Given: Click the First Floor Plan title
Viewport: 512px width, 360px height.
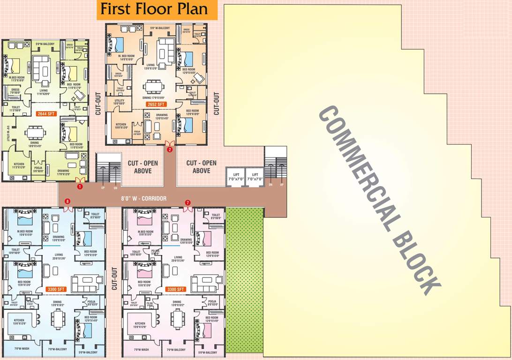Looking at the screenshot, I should coord(158,9).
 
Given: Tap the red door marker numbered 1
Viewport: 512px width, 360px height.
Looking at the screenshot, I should coord(80,187).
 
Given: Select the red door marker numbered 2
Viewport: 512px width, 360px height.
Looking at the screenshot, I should coord(170,150).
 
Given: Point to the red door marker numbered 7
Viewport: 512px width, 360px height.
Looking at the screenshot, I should coord(188,202).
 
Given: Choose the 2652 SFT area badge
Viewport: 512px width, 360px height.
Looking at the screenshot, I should coord(155,105).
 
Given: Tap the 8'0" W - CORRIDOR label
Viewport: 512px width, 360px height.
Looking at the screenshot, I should coord(143,199).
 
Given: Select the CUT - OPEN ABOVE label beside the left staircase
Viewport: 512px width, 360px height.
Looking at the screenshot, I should coord(143,167).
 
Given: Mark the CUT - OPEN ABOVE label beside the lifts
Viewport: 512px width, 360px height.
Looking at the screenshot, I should coord(201,167).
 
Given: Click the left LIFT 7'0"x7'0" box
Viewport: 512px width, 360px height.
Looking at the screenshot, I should coord(235,177).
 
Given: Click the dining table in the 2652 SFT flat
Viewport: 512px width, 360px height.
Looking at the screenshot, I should coord(154,87).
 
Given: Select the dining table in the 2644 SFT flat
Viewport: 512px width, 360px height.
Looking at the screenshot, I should coord(36,133).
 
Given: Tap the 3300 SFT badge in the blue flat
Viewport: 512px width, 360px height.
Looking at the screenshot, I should coord(56,289).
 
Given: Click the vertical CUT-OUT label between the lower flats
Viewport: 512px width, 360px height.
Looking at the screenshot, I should coord(114,279).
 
